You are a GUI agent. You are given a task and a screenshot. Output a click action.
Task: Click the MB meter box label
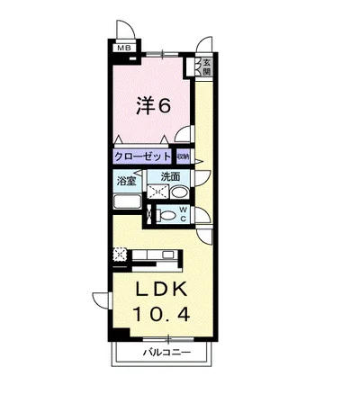[124, 48]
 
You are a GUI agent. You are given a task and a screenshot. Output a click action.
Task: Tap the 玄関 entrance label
[206, 67]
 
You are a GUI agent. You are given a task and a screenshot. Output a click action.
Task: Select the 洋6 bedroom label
[154, 105]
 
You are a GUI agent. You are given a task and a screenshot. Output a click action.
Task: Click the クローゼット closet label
[142, 157]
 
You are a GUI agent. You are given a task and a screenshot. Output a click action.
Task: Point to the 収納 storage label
[183, 157]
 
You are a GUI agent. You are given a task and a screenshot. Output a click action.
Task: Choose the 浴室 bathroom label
[126, 181]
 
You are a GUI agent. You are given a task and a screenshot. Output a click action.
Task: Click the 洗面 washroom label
[170, 177]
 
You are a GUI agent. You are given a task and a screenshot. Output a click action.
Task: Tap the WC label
[184, 214]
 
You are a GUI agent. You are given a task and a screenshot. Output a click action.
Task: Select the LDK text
[162, 289]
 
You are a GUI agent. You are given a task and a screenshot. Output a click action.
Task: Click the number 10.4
[162, 315]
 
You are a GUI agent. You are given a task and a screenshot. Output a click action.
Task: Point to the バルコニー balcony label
[166, 352]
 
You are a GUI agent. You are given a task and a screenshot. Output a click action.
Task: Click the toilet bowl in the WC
[166, 215]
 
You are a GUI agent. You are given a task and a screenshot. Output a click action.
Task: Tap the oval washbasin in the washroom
[179, 193]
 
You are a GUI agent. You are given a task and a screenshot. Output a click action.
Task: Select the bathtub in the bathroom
[128, 201]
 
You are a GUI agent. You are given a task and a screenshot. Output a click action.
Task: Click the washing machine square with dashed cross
[157, 192]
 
